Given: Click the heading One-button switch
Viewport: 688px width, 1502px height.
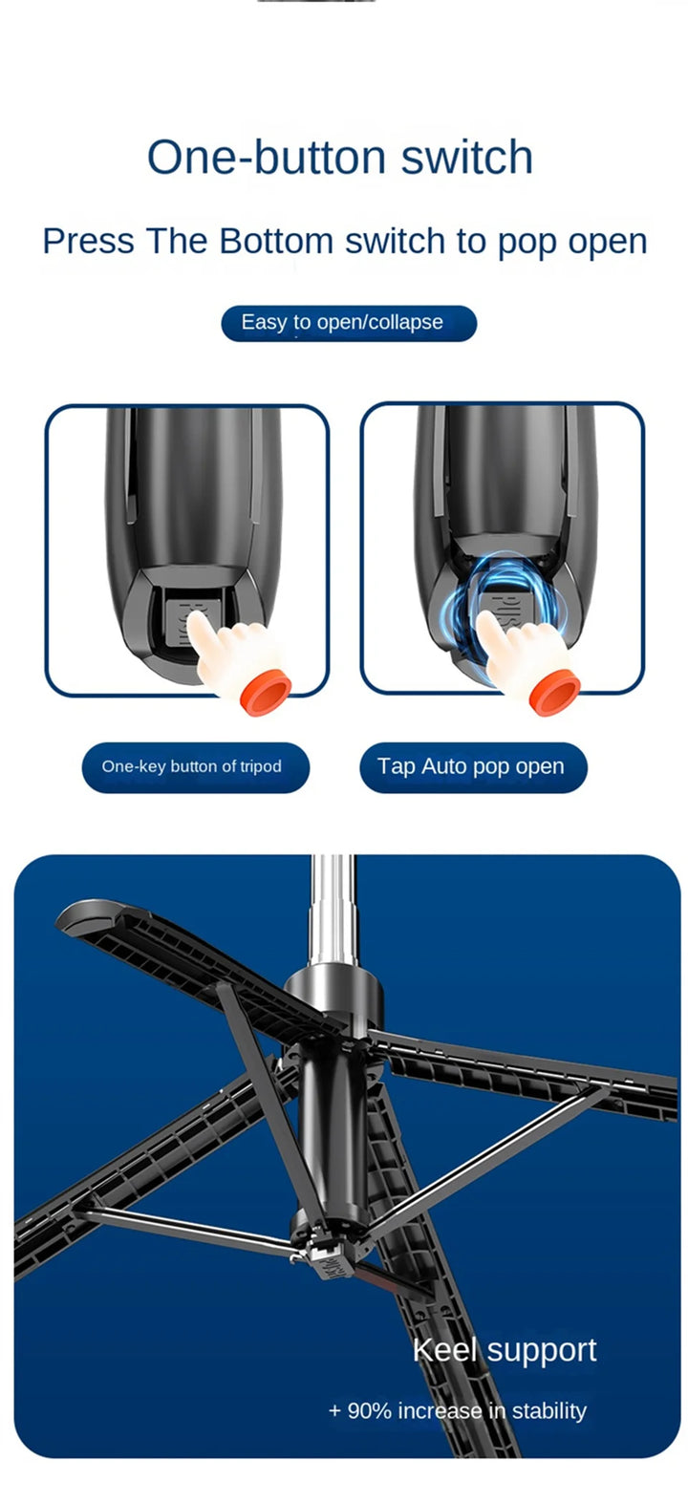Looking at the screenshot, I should click(339, 158).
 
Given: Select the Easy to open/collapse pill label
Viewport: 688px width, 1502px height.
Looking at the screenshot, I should click(349, 323).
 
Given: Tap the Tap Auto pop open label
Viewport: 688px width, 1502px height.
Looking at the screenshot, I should click(472, 766).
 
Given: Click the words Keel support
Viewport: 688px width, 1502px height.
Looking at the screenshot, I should click(504, 1350).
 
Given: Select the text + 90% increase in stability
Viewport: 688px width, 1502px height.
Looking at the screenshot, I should click(457, 1410).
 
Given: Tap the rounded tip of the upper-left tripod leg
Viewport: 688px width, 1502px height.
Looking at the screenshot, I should click(80, 915).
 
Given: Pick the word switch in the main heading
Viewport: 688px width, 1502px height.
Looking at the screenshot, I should click(466, 158).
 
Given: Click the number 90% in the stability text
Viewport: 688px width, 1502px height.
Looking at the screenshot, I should click(368, 1410).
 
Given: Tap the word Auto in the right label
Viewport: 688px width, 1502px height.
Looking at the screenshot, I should click(443, 766).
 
